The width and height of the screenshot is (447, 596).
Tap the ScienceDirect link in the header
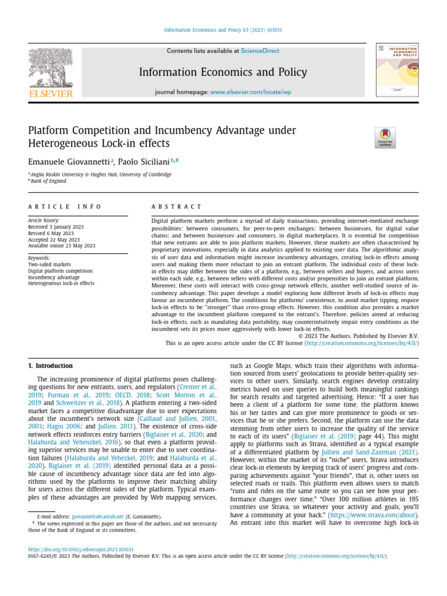click(260, 51)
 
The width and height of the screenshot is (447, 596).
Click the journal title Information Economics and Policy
click(223, 72)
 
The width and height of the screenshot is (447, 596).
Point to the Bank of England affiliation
click(49, 181)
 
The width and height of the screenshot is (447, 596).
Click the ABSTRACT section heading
click(176, 207)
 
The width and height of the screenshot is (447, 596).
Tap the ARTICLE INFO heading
click(65, 207)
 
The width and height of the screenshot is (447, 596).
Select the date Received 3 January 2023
click(56, 227)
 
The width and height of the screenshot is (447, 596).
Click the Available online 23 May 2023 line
click(62, 246)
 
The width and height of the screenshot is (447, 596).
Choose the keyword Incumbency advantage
click(53, 277)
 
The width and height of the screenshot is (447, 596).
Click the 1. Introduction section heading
click(51, 366)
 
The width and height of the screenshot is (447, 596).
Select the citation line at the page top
click(223, 30)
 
